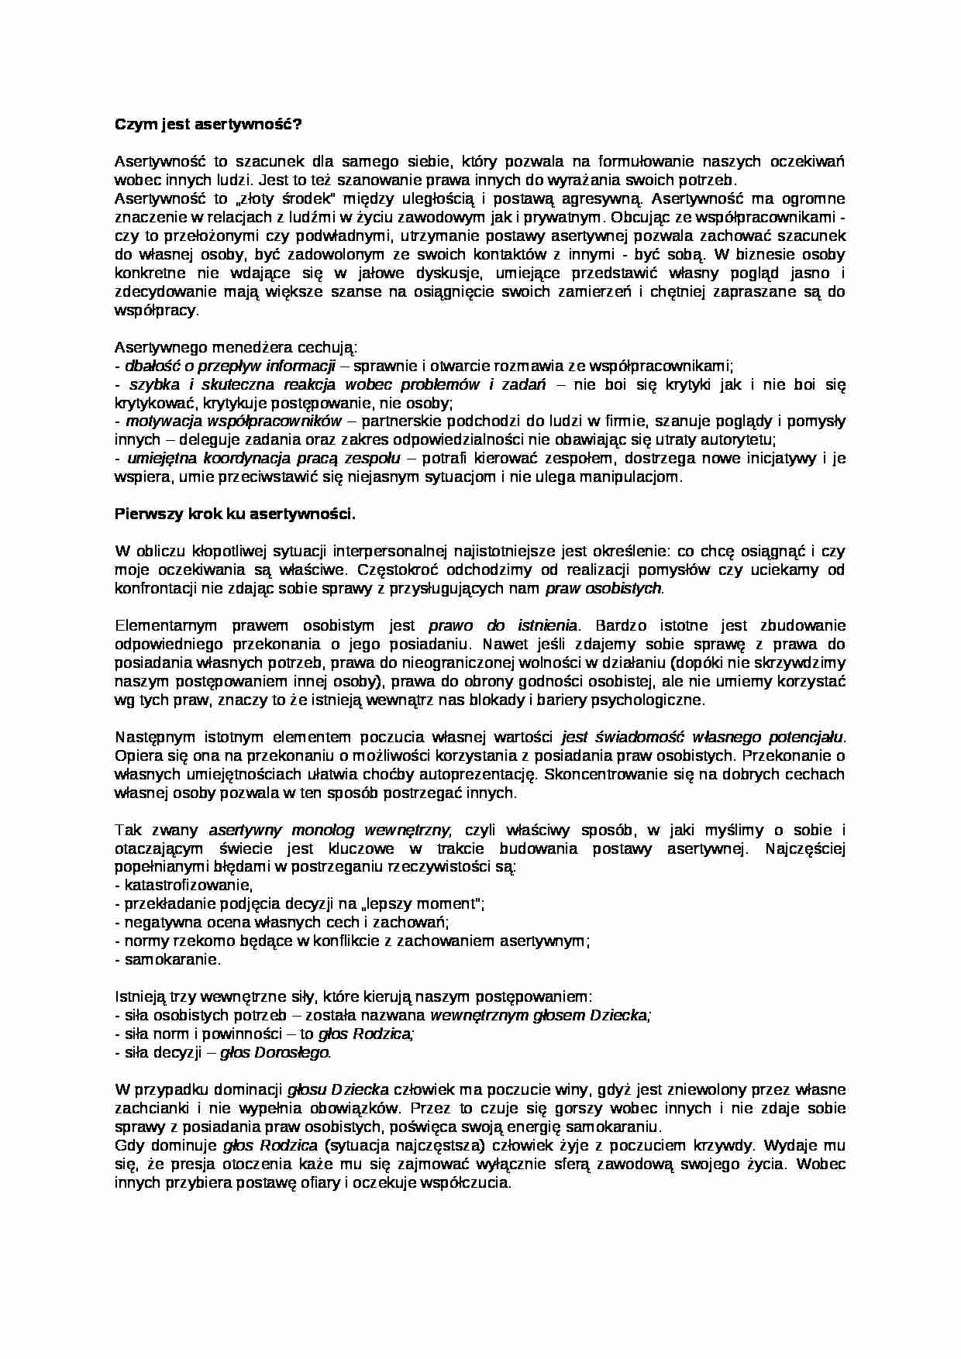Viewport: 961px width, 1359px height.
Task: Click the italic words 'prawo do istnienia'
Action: click(x=502, y=625)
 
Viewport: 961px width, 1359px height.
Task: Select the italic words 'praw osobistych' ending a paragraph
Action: click(x=604, y=588)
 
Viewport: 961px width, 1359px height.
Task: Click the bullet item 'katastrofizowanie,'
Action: click(x=184, y=885)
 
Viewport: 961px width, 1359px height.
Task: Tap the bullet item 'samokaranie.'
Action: click(x=167, y=959)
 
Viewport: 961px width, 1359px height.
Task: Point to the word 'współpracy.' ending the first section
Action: click(x=157, y=310)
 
